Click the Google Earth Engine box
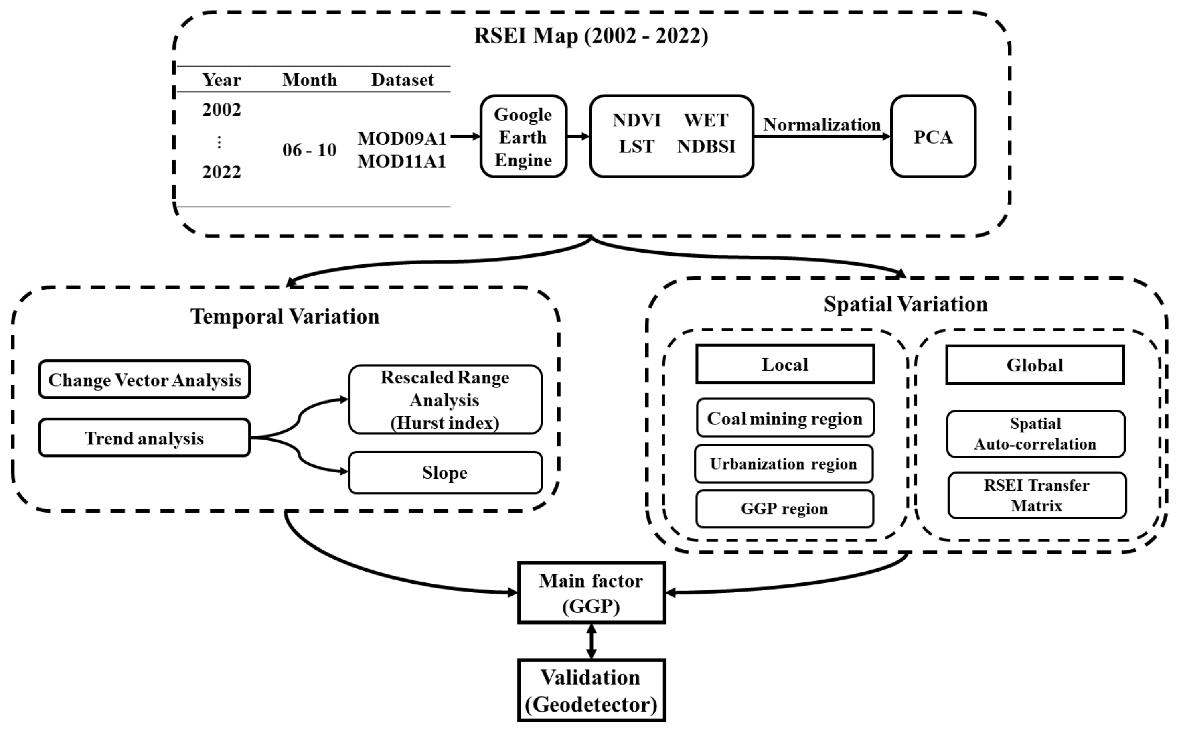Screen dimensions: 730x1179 523,137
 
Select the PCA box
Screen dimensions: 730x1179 932,137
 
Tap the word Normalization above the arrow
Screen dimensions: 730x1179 821,125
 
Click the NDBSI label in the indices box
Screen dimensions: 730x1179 706,146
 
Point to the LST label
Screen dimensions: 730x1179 636,146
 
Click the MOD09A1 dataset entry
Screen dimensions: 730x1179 402,138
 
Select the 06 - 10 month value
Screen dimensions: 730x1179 309,150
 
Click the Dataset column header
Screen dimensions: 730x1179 402,80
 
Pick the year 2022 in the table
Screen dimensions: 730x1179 221,172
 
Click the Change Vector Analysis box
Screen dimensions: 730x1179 144,380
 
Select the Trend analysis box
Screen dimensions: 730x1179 144,438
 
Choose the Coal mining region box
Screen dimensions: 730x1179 785,418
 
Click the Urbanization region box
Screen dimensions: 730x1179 783,464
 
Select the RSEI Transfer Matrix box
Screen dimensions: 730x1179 1036,495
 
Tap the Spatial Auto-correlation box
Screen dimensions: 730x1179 1035,434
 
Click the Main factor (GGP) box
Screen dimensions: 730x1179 591,592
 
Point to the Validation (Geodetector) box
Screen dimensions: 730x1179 591,690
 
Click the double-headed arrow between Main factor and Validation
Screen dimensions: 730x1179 591,641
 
